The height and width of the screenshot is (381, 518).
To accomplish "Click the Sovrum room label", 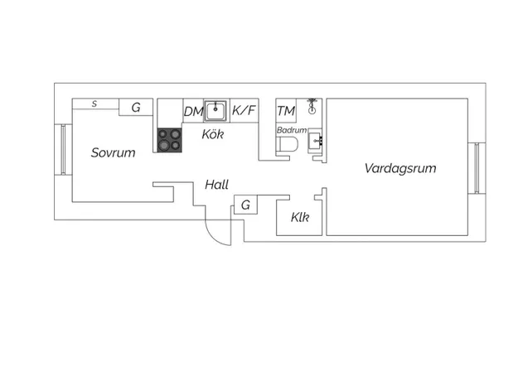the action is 113,152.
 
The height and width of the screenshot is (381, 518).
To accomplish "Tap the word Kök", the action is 213,134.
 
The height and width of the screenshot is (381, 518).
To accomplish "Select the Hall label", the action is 216,185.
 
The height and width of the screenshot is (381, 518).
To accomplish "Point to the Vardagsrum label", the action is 400,169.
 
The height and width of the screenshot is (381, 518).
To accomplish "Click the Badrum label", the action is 292,130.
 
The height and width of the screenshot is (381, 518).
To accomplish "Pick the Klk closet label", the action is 300,217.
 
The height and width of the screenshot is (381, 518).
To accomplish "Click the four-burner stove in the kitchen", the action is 169,140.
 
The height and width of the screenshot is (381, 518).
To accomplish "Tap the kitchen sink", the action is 215,111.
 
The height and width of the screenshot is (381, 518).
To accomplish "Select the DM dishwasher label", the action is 193,112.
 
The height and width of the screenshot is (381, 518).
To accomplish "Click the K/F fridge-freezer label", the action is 244,110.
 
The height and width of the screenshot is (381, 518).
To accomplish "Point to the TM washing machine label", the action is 286,111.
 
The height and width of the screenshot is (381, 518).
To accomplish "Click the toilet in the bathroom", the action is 287,145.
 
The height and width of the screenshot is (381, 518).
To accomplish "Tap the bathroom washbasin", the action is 315,142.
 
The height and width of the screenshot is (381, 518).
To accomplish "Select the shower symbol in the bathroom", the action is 312,106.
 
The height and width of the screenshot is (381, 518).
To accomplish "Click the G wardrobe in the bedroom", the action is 136,107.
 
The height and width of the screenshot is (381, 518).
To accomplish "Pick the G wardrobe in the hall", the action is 245,205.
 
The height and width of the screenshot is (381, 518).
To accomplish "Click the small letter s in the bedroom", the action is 94,104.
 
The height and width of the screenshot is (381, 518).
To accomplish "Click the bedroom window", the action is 63,150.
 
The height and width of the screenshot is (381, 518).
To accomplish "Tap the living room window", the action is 477,168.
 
